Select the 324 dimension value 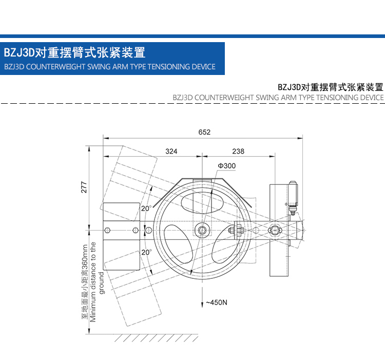click(x=171, y=151)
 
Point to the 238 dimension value click(x=238, y=151)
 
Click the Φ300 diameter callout click(x=226, y=166)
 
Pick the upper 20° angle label click(x=146, y=209)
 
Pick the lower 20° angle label click(x=146, y=252)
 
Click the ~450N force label click(x=216, y=302)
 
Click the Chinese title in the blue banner click(x=74, y=52)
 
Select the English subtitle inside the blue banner click(x=109, y=67)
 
